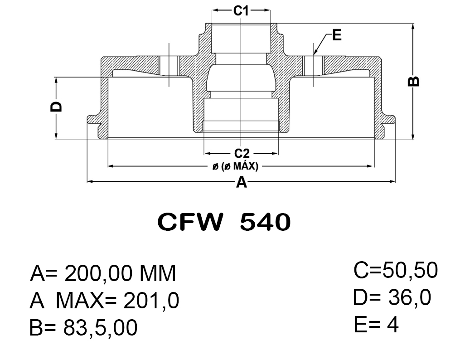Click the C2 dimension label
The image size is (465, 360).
pos(241,153)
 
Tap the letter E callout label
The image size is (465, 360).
pos(336,35)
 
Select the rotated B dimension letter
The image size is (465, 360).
pos(414,81)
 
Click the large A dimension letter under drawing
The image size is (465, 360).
pos(242,183)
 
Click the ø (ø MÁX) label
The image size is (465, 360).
pos(235,166)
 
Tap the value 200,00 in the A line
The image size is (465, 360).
pos(97,273)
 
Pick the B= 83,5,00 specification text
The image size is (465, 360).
pos(83,328)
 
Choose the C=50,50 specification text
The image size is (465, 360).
pos(396,271)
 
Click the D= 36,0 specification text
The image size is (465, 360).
pos(392,298)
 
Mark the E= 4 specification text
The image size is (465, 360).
pos(376,325)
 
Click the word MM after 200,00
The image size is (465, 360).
pos(157,273)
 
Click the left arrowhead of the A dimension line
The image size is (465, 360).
pos(89,182)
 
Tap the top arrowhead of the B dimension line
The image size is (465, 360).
pos(413,26)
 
